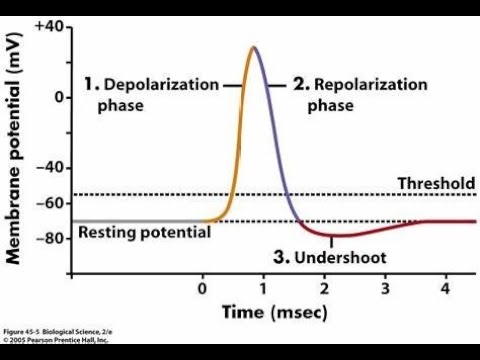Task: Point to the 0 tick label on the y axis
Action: [59, 97]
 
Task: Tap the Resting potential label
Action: [144, 232]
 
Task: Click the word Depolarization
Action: [166, 85]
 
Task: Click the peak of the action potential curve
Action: [254, 47]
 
